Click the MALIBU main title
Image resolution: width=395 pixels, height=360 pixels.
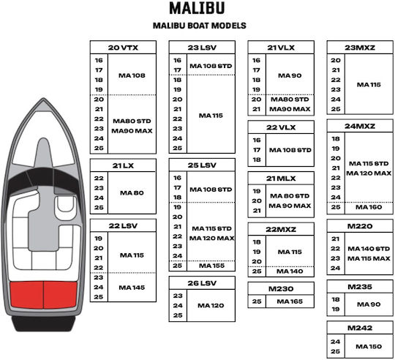point(197,8)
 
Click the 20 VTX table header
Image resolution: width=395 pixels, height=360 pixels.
point(123,48)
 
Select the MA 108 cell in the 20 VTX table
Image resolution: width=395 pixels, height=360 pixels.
point(132,75)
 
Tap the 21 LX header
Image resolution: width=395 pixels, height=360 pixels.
point(123,165)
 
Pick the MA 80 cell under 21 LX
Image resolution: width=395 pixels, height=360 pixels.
point(132,193)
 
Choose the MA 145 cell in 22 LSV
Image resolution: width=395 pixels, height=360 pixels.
point(132,288)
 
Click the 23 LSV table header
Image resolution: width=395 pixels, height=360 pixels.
point(202,48)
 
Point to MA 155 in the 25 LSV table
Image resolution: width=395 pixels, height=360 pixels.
point(211,266)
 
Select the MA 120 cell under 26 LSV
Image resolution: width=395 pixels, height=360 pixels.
point(211,306)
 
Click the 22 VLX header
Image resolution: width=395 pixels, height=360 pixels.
point(281,127)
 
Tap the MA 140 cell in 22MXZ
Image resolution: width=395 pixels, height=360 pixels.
point(290,271)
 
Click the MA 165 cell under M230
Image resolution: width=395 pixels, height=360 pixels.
point(290,301)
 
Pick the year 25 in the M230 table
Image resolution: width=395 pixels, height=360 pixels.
point(257,301)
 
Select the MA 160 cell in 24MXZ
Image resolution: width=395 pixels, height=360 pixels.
point(369,207)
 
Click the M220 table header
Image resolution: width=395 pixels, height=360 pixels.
point(360,226)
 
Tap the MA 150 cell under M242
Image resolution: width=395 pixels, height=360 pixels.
point(369,347)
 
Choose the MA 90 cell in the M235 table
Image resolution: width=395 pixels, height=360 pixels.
point(369,304)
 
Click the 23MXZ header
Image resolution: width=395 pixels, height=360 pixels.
point(360,48)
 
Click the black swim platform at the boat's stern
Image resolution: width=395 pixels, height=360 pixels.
point(43,323)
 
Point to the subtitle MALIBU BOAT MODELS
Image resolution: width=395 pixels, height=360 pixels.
point(199,26)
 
